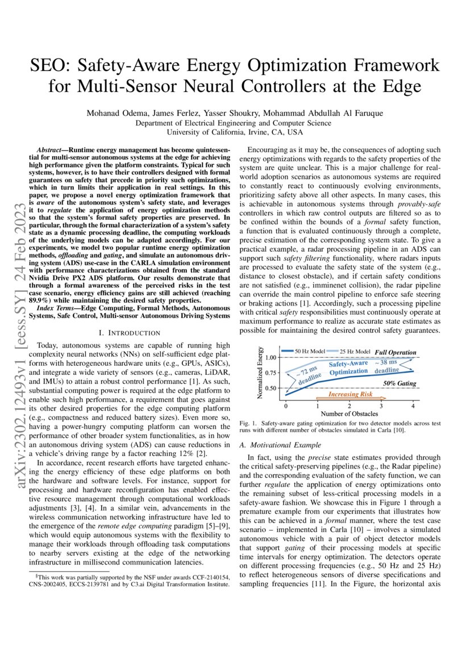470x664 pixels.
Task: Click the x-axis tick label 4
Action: coord(413,407)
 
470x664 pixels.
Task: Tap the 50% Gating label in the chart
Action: coord(399,384)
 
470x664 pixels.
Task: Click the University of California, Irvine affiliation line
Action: coord(235,132)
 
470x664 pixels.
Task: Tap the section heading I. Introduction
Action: coord(130,332)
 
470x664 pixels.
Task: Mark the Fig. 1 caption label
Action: coord(249,424)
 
